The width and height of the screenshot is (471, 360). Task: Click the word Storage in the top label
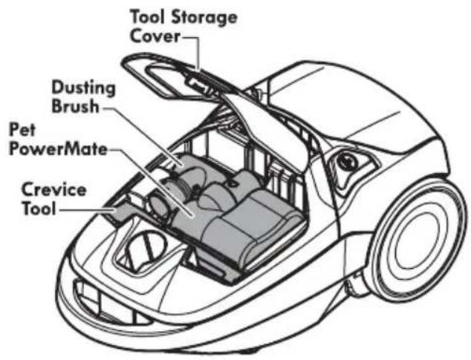pos(204,18)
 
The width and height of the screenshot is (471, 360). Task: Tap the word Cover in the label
pos(155,36)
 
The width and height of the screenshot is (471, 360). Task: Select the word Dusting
pos(84,88)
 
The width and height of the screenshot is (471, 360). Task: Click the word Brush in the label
pos(76,107)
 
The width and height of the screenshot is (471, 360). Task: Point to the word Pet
pos(22,130)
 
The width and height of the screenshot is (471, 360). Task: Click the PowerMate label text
pos(58,149)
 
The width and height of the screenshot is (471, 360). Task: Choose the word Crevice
pos(54,190)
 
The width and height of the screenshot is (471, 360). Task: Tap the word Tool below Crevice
pos(39,208)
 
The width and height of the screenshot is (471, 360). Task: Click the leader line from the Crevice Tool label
pos(87,209)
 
